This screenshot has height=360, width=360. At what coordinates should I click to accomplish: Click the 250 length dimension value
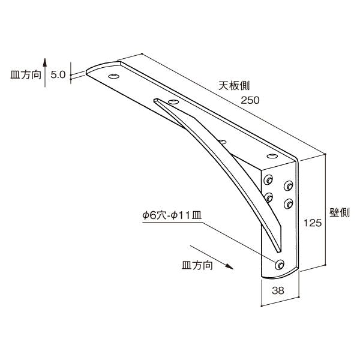coord(250,100)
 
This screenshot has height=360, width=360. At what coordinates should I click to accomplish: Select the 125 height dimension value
coord(313,223)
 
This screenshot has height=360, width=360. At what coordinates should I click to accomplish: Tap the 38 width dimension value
coord(278,290)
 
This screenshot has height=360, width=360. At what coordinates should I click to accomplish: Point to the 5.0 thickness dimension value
coord(58,74)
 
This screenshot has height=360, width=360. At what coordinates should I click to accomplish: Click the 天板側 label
coord(234,86)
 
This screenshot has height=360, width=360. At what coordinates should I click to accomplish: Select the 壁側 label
coord(340,212)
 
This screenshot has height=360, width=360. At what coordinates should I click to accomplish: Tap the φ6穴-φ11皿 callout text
coord(172,215)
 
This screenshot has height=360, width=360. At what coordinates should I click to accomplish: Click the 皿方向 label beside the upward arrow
coord(26,75)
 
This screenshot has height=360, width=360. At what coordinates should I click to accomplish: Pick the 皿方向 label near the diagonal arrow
coord(197,265)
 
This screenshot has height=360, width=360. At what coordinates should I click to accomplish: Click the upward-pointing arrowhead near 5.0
coord(45,62)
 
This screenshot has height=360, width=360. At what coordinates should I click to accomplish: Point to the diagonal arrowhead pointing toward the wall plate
coord(229,266)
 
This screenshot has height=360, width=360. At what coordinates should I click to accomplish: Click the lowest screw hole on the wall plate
coord(280,265)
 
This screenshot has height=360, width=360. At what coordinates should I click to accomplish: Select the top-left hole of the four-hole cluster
coord(268,180)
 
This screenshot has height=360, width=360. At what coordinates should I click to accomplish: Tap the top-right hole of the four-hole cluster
coord(289,186)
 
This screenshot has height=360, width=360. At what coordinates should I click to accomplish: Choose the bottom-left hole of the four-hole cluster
coord(268,197)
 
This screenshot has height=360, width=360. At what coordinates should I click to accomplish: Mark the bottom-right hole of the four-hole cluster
coord(289,203)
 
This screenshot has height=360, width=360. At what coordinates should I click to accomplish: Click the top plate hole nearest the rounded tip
coord(114,76)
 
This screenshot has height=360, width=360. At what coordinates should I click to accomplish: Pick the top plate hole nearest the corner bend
coord(272,157)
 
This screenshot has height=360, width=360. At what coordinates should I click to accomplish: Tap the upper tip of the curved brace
coord(156,100)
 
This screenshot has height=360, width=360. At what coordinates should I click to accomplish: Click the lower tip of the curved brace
coord(279,251)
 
